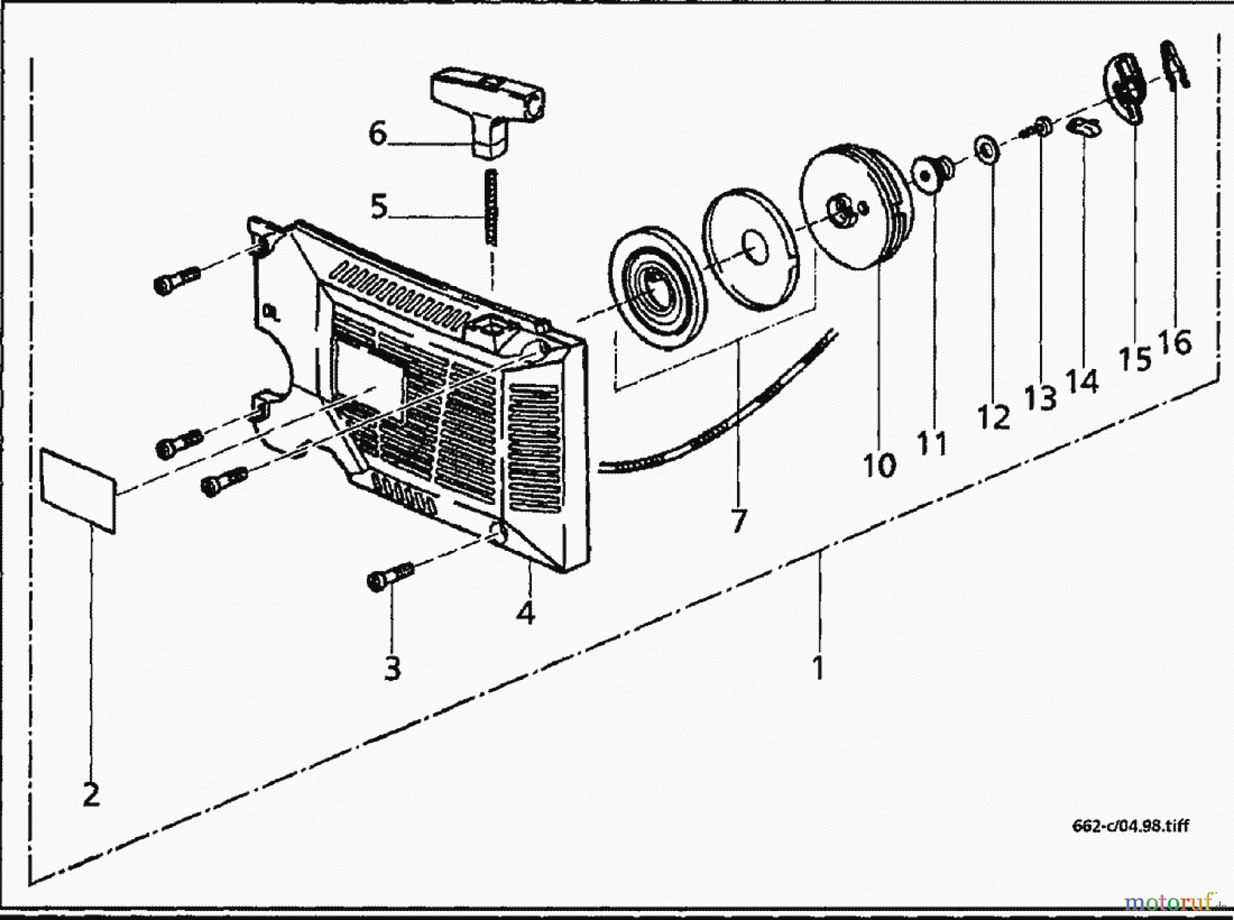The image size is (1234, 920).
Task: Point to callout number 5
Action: pyautogui.click(x=379, y=207)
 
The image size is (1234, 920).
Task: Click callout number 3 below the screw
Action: pyautogui.click(x=392, y=668)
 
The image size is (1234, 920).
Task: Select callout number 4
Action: pyautogui.click(x=525, y=613)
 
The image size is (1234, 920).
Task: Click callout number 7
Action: pyautogui.click(x=738, y=521)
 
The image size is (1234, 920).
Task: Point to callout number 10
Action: pyautogui.click(x=880, y=464)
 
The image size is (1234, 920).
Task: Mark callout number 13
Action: pyautogui.click(x=1040, y=398)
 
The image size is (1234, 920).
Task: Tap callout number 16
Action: pyautogui.click(x=1175, y=341)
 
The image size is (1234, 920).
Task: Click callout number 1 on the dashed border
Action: pyautogui.click(x=818, y=667)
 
